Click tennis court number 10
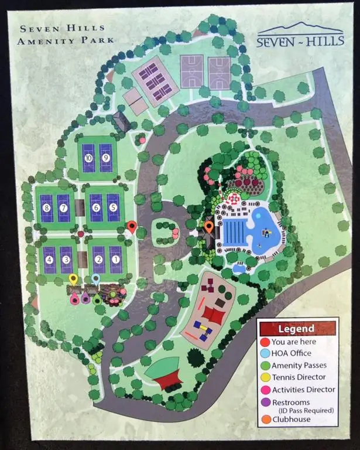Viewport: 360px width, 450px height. point(90,158)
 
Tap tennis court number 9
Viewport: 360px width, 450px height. point(106,158)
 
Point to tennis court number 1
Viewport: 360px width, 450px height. point(115,259)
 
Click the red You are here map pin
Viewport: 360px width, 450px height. point(132,227)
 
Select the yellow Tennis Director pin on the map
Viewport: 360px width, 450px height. point(73,279)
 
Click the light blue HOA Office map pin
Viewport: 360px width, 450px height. point(96,279)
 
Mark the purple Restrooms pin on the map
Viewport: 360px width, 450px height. point(86,298)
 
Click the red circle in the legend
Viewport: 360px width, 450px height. point(266,342)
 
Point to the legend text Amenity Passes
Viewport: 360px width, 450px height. point(299,366)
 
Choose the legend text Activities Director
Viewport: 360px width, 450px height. point(303,390)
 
